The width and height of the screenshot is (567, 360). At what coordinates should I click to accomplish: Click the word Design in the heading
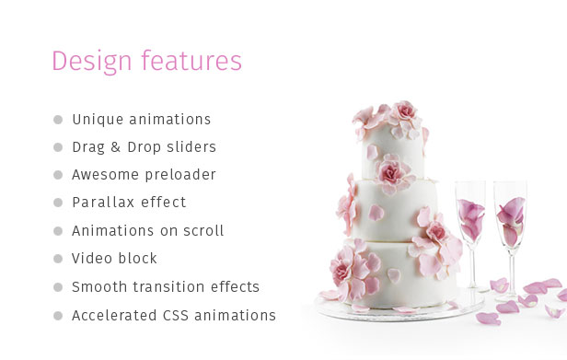click(x=92, y=61)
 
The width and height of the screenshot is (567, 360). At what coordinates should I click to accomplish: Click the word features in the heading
click(x=191, y=60)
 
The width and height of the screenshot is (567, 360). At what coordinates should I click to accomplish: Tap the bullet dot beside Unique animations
click(x=58, y=120)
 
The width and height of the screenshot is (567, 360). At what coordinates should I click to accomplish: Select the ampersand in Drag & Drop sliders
click(x=115, y=147)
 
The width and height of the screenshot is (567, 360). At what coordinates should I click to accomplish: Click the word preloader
click(x=180, y=175)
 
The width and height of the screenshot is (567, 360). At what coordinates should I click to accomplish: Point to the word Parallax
click(x=103, y=203)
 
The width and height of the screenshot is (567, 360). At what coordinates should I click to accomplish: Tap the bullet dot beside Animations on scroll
click(x=58, y=231)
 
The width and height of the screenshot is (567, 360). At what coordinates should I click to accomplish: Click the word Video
click(x=92, y=259)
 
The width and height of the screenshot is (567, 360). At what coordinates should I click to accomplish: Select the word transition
click(x=168, y=287)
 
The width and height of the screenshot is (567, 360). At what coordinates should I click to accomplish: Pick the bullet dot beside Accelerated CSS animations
click(x=58, y=316)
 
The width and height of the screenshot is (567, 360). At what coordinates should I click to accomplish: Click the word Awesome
click(x=105, y=175)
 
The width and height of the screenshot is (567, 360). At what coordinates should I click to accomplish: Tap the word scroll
click(x=203, y=231)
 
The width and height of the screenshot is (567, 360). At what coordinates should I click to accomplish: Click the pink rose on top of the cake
click(x=404, y=112)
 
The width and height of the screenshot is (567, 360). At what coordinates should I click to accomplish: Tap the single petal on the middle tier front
click(x=376, y=213)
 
